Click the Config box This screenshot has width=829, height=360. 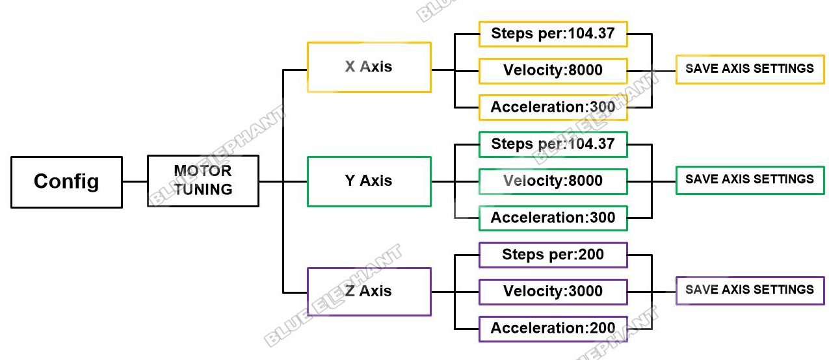(66, 182)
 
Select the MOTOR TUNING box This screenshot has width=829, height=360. (203, 181)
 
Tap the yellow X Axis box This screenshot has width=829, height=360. (369, 67)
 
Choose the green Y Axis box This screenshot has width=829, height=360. (369, 181)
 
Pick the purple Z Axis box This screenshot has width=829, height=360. (369, 292)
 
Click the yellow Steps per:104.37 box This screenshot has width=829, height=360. (553, 34)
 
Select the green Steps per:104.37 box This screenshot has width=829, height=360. (553, 144)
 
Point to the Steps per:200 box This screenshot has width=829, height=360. (553, 255)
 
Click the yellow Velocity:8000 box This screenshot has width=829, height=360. (553, 71)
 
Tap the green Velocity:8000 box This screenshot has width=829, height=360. (553, 181)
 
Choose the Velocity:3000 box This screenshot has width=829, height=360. (553, 292)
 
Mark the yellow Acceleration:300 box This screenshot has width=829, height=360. (553, 107)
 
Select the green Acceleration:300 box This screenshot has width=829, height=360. (553, 218)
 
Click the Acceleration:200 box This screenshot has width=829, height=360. (553, 329)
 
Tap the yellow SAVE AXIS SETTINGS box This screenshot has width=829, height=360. (750, 70)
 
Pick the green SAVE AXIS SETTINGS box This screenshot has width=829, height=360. (750, 180)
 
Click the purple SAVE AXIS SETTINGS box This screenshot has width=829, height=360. (750, 290)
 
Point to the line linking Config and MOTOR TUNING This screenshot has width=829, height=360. (135, 181)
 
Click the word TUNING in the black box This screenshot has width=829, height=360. (203, 190)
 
